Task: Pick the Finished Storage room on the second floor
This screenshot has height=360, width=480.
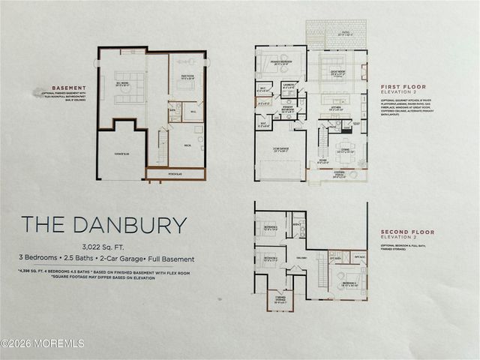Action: tap(280, 299)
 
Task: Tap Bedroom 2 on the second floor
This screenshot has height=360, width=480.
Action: tap(270, 259)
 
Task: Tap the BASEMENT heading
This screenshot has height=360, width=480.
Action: tap(64, 87)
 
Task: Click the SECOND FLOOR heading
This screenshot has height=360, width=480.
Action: tap(406, 232)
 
